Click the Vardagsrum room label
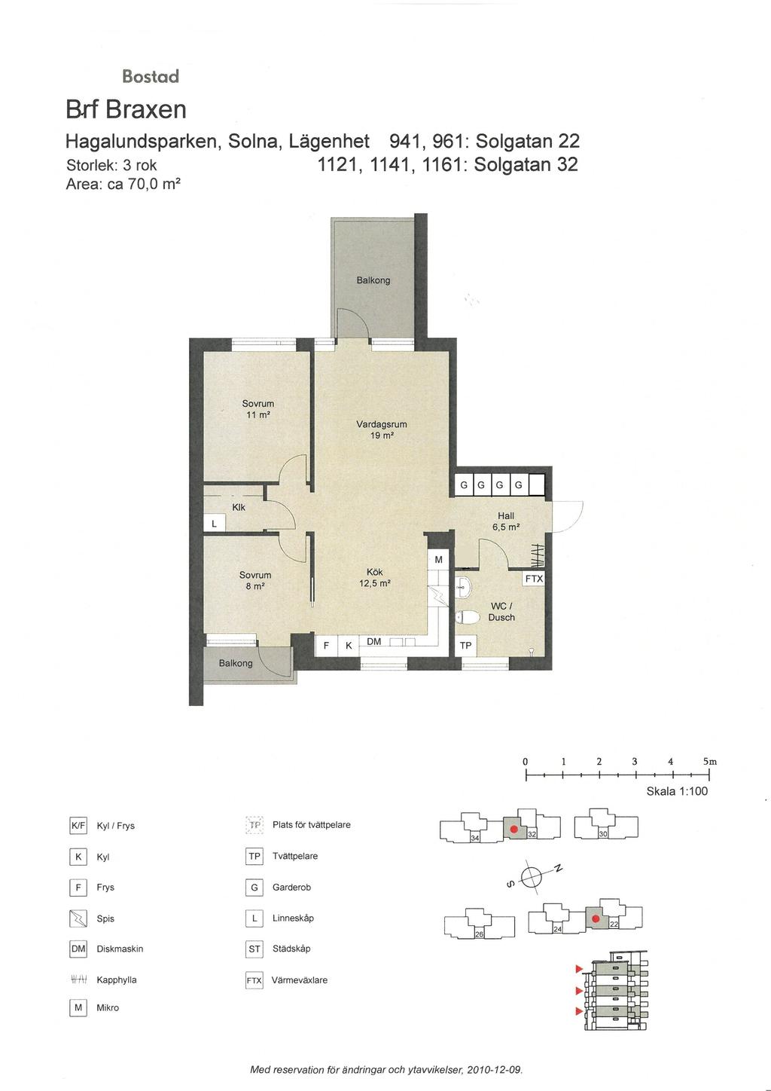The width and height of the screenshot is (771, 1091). click(381, 424)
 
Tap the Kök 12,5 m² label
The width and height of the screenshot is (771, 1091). click(375, 578)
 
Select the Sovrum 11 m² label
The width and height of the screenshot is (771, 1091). click(258, 409)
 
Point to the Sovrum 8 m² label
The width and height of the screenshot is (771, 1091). click(255, 581)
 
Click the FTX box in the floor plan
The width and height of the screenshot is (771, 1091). click(534, 579)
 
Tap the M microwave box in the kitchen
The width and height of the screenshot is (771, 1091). click(438, 560)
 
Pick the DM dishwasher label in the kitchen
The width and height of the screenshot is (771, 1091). click(373, 642)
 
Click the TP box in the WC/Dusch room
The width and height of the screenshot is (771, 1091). click(466, 646)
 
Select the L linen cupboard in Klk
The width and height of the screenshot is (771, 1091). click(214, 524)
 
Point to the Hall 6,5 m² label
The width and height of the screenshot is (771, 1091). click(506, 521)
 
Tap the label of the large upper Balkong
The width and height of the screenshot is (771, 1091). click(373, 280)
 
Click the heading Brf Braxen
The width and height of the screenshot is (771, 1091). click(126, 109)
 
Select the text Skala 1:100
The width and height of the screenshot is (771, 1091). click(677, 791)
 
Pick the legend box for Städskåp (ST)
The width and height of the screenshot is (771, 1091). click(254, 949)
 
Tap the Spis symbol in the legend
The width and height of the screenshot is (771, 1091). click(78, 918)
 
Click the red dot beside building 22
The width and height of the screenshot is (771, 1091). click(595, 919)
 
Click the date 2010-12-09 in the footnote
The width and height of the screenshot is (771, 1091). click(494, 1070)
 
